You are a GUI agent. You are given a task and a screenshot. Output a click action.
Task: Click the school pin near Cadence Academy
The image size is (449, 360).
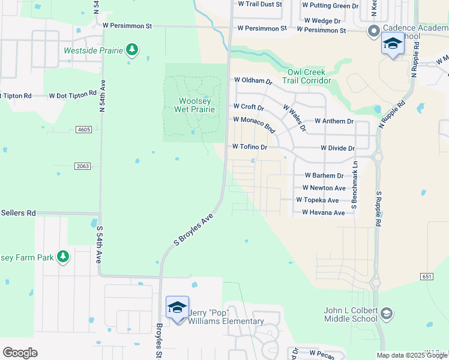(x=393, y=44)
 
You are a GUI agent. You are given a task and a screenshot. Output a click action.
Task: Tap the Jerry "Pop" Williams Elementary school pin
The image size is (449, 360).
(x=177, y=308)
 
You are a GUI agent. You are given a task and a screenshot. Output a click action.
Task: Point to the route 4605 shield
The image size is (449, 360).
(x=83, y=129)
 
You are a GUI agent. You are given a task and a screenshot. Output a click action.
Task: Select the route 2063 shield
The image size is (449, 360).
(x=83, y=166)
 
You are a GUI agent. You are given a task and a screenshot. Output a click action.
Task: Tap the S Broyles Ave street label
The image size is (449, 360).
(x=193, y=230)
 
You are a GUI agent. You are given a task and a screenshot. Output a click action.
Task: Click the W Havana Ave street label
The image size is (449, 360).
(x=323, y=212)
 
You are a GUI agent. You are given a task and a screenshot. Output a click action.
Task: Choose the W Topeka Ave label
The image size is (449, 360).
(x=317, y=200)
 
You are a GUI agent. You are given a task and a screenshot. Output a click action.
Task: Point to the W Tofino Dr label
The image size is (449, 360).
(x=249, y=146)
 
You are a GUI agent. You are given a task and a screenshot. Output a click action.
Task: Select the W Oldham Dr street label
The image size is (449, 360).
(x=253, y=80)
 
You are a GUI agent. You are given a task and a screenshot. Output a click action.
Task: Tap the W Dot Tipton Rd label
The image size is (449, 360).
(x=73, y=95)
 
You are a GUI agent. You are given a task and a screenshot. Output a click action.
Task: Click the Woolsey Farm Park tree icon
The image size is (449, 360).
(x=63, y=257)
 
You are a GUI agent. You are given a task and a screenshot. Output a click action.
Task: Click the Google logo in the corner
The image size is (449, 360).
(x=20, y=352)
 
